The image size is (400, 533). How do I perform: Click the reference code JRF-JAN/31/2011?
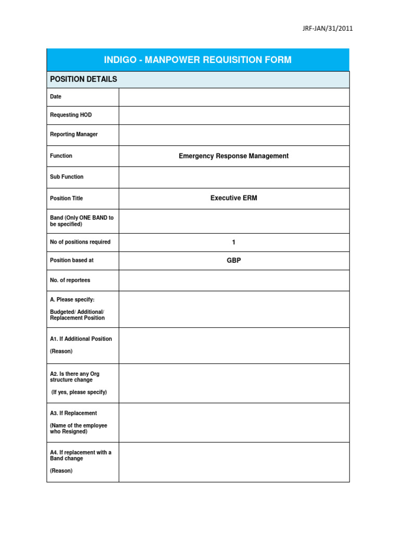[328, 29]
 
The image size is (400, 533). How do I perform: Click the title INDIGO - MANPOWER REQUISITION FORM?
[198, 60]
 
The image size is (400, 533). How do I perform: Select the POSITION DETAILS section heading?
[83, 79]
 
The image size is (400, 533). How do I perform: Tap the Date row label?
[56, 97]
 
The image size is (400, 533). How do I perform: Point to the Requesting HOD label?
[71, 115]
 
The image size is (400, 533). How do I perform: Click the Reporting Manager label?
[74, 134]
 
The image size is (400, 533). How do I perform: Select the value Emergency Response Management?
[234, 156]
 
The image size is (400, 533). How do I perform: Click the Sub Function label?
[67, 177]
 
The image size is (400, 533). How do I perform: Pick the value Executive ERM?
[234, 198]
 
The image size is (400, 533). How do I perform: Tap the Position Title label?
[66, 198]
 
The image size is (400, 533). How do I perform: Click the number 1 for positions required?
[234, 242]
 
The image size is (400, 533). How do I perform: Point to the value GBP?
[234, 260]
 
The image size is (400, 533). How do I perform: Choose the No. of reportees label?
[70, 280]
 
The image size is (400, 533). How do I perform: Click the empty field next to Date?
[234, 97]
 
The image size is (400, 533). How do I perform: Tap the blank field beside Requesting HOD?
[234, 115]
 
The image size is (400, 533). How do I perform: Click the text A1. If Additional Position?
[81, 339]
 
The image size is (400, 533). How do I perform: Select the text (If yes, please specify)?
[79, 392]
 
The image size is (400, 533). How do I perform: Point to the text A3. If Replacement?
[73, 413]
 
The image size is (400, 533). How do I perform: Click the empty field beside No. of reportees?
[234, 280]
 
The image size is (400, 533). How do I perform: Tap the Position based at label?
[72, 260]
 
